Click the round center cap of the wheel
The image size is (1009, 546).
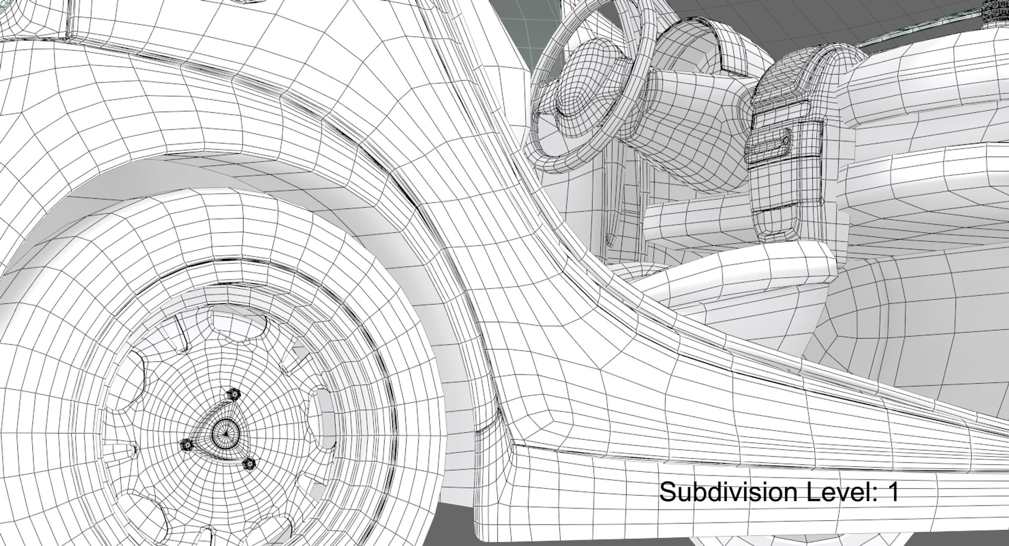[225, 433]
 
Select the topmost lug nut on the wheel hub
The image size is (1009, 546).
[233, 394]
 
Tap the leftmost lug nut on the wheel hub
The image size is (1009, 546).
[187, 445]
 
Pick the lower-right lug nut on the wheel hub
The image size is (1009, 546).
[249, 464]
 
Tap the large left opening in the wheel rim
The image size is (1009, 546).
[131, 379]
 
